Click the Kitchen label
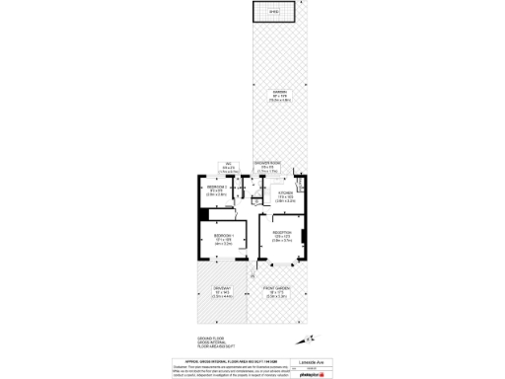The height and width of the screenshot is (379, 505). pyautogui.click(x=285, y=195)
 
